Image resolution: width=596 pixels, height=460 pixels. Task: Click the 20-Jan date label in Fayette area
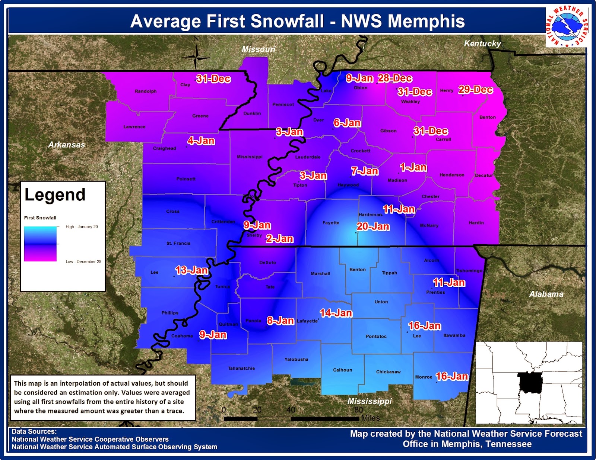(x=373, y=226)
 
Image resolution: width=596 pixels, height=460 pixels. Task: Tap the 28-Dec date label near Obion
(x=395, y=78)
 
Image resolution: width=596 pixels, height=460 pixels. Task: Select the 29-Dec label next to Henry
(x=475, y=90)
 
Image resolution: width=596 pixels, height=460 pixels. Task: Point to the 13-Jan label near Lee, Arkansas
(x=191, y=270)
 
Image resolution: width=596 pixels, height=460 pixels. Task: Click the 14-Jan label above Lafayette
(x=336, y=313)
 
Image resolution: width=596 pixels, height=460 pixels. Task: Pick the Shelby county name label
(x=254, y=235)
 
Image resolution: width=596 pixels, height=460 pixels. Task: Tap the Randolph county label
(x=146, y=91)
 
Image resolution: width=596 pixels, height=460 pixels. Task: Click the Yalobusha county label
(x=296, y=360)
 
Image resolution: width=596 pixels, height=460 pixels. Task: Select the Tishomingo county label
(x=469, y=271)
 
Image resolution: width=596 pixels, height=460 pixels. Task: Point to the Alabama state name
(x=546, y=294)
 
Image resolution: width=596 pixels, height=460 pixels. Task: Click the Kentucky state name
(x=482, y=44)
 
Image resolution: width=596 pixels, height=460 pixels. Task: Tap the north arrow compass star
(x=196, y=57)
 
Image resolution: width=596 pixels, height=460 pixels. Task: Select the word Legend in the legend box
(x=55, y=195)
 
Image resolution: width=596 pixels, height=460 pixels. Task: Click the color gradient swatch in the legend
(x=40, y=244)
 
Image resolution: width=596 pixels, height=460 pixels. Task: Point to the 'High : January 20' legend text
(x=82, y=227)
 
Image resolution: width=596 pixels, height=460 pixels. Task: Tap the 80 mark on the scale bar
(x=358, y=410)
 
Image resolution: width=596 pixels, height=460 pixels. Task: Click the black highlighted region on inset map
(x=530, y=382)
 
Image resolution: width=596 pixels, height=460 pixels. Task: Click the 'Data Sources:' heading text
(x=34, y=432)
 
